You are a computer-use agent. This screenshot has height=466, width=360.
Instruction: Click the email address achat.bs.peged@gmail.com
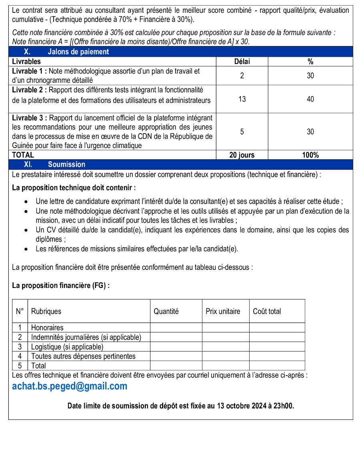click(70, 386)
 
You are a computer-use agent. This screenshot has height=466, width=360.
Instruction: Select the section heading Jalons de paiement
click(78, 52)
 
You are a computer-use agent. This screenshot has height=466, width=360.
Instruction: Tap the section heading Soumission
click(66, 164)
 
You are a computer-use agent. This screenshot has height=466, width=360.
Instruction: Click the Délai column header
click(242, 62)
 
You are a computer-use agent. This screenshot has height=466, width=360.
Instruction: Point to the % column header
click(310, 62)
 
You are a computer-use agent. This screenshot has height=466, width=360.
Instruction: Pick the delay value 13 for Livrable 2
click(242, 99)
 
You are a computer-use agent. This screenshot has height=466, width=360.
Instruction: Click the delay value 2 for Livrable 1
click(242, 76)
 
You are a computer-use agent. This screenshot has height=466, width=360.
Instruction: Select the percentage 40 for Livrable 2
click(310, 99)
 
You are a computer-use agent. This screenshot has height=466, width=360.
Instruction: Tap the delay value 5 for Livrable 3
click(242, 132)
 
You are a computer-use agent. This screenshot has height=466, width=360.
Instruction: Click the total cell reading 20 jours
click(242, 155)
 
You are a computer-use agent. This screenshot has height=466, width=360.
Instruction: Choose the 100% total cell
click(310, 155)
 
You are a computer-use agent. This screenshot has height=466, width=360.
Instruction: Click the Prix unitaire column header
click(223, 311)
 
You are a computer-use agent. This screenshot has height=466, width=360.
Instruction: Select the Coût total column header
click(267, 311)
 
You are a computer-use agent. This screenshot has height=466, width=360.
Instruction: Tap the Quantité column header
click(166, 311)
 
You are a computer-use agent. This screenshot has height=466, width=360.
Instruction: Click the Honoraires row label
click(47, 328)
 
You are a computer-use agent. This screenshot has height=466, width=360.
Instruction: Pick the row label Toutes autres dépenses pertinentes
click(83, 356)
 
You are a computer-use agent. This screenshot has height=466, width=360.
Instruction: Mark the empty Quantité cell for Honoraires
click(176, 328)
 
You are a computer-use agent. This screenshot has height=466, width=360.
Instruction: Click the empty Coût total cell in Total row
click(277, 366)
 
